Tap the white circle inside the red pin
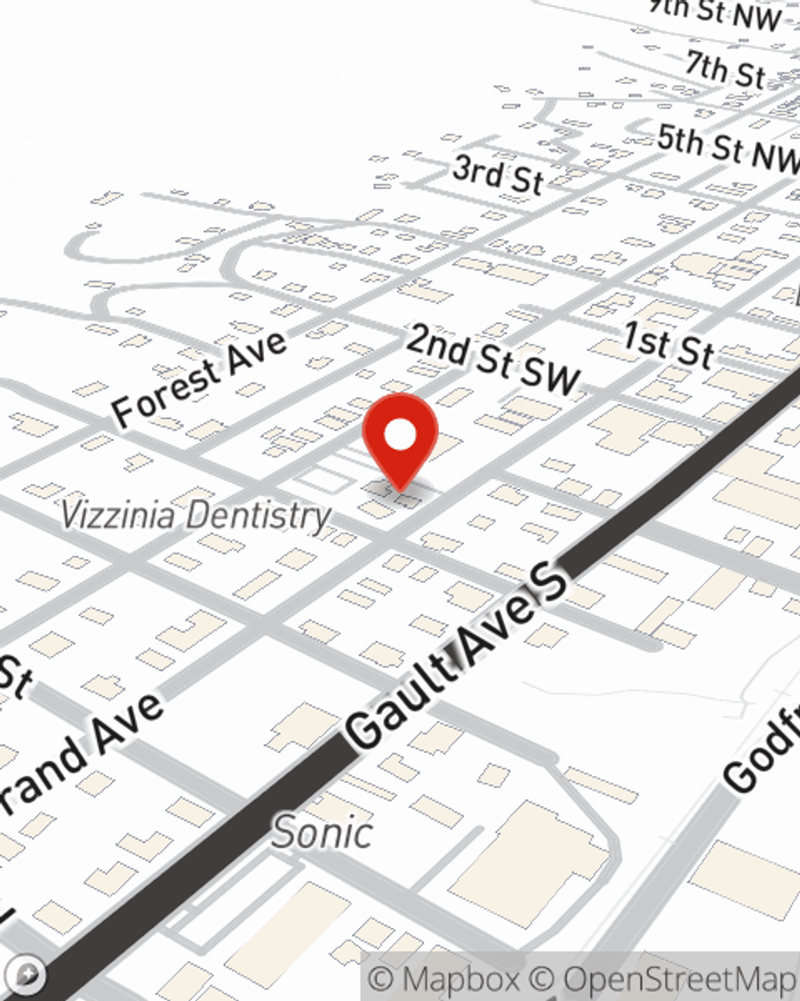coord(400,436)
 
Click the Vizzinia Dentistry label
coord(196,515)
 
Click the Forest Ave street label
coord(198,378)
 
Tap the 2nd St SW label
coord(492,360)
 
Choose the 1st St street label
coord(668,344)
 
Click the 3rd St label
coord(498,175)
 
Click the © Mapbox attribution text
coord(444,979)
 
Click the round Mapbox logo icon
coord(27,975)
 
